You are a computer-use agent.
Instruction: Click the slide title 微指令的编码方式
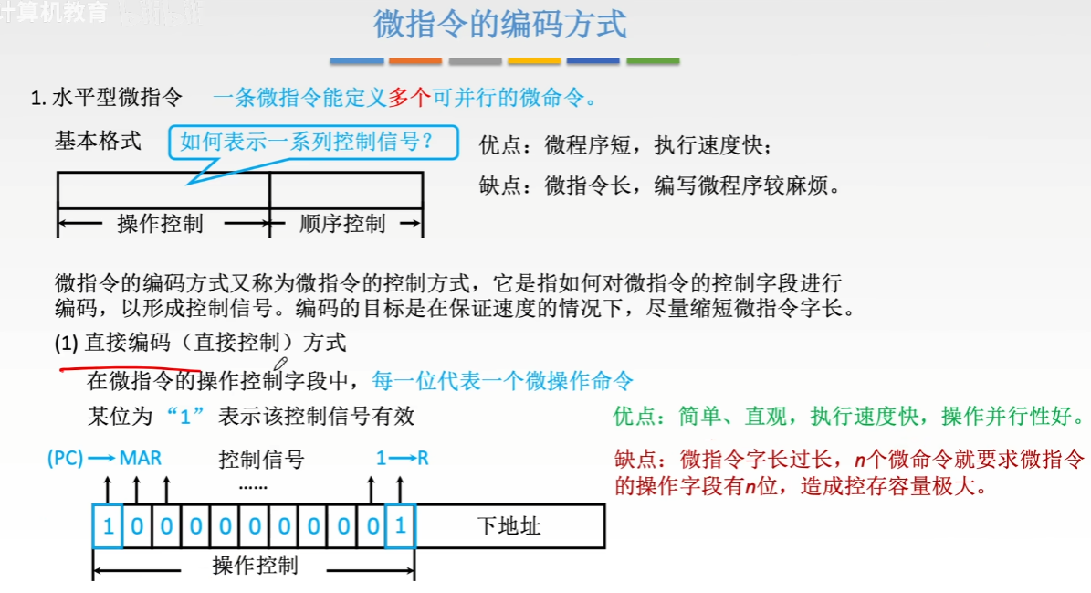(x=500, y=25)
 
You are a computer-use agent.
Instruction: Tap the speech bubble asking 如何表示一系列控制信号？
(x=305, y=143)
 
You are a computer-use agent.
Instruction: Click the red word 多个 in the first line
(x=409, y=98)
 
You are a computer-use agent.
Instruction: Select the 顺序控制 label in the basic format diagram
(x=342, y=224)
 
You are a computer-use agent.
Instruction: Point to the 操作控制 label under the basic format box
(x=160, y=224)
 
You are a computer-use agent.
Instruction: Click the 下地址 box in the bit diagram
(x=509, y=526)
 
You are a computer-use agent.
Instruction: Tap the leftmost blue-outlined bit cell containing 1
(x=108, y=526)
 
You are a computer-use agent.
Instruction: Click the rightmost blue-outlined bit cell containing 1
(x=400, y=526)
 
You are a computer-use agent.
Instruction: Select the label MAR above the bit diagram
(x=140, y=458)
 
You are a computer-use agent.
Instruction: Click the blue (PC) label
(x=66, y=458)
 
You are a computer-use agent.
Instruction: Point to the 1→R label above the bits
(x=402, y=458)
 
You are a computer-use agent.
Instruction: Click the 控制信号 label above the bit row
(x=261, y=459)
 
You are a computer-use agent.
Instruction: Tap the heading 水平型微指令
(x=118, y=98)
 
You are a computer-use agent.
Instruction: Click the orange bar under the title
(x=414, y=61)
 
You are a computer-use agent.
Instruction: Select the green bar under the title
(x=653, y=61)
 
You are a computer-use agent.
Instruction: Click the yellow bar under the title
(x=534, y=61)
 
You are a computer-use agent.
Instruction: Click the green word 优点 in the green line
(x=635, y=417)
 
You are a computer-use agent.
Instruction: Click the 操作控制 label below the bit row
(x=255, y=566)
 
